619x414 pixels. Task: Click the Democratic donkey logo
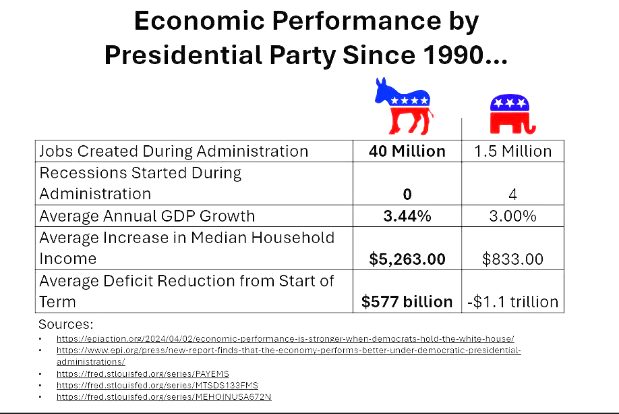coord(403,106)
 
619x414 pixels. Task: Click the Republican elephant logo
coord(512,114)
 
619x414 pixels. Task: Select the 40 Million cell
coord(407,151)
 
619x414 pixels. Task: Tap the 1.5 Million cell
coord(512,151)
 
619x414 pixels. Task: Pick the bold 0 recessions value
coord(407,194)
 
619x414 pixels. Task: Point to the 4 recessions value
coord(512,194)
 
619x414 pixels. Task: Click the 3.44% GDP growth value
coord(407,216)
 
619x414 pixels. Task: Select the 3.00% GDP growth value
coord(512,216)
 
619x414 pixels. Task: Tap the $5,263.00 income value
coord(407,259)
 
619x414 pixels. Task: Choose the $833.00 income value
coord(512,259)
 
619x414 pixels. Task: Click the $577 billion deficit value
coord(407,302)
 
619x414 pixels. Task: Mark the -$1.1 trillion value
coord(512,302)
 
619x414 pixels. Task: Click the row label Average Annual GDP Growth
coord(147,216)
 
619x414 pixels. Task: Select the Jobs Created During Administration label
coord(174,151)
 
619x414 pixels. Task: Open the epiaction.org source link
coord(285,338)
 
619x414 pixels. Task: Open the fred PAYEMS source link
coord(142,373)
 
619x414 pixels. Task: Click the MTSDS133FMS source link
coord(157,385)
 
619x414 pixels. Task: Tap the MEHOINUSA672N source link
coord(164,396)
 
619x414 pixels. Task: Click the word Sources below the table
coord(65,324)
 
